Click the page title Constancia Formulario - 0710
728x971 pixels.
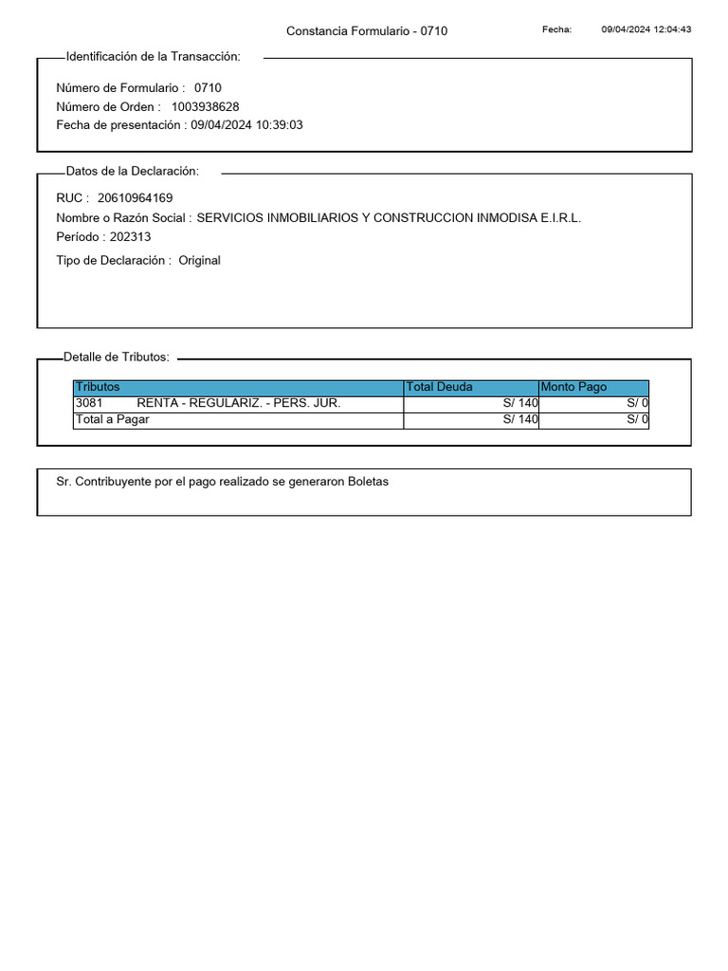point(367,31)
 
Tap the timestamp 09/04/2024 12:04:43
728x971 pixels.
point(646,29)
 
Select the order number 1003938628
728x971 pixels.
point(205,106)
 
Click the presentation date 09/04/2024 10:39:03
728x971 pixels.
point(246,125)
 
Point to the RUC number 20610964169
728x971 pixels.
point(135,198)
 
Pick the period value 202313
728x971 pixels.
point(130,237)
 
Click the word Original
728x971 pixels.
point(199,260)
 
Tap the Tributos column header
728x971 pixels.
point(98,387)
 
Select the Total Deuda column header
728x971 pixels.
point(439,387)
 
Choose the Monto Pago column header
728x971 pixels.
point(573,387)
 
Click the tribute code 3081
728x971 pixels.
point(89,403)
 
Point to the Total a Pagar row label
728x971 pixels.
point(112,419)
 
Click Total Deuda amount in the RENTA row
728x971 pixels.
point(520,403)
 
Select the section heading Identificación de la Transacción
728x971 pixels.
point(153,57)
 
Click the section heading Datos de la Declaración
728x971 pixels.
point(132,172)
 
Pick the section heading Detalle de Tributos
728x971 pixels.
point(116,357)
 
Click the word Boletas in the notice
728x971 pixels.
point(368,482)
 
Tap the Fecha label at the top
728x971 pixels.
point(556,29)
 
